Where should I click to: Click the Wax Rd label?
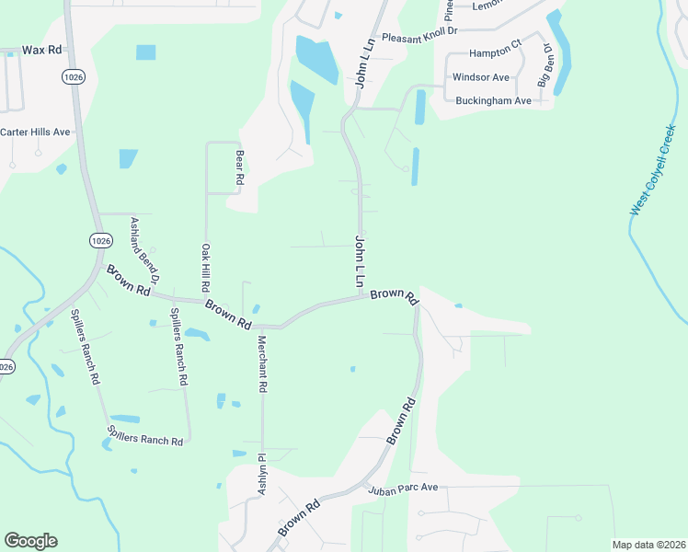(41, 50)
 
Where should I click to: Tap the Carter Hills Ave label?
(35, 132)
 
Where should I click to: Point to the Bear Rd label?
(239, 168)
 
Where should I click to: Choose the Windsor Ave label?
(481, 77)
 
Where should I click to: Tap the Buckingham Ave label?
(494, 100)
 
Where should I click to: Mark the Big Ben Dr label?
(546, 67)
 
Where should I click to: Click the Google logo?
(30, 541)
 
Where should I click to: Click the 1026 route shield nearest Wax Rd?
(75, 76)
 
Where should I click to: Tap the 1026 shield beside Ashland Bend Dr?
(101, 241)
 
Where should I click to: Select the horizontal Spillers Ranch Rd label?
(145, 441)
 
